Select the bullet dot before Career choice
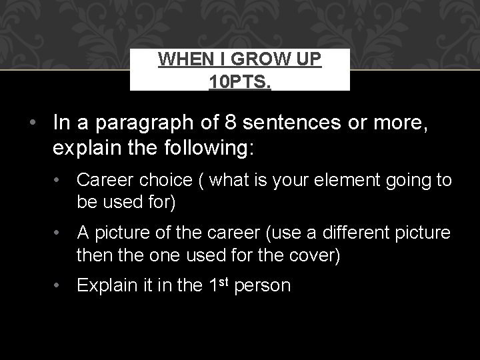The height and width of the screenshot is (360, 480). [x=61, y=180]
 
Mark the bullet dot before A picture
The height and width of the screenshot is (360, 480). [x=61, y=233]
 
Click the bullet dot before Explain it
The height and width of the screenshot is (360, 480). [x=61, y=287]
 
